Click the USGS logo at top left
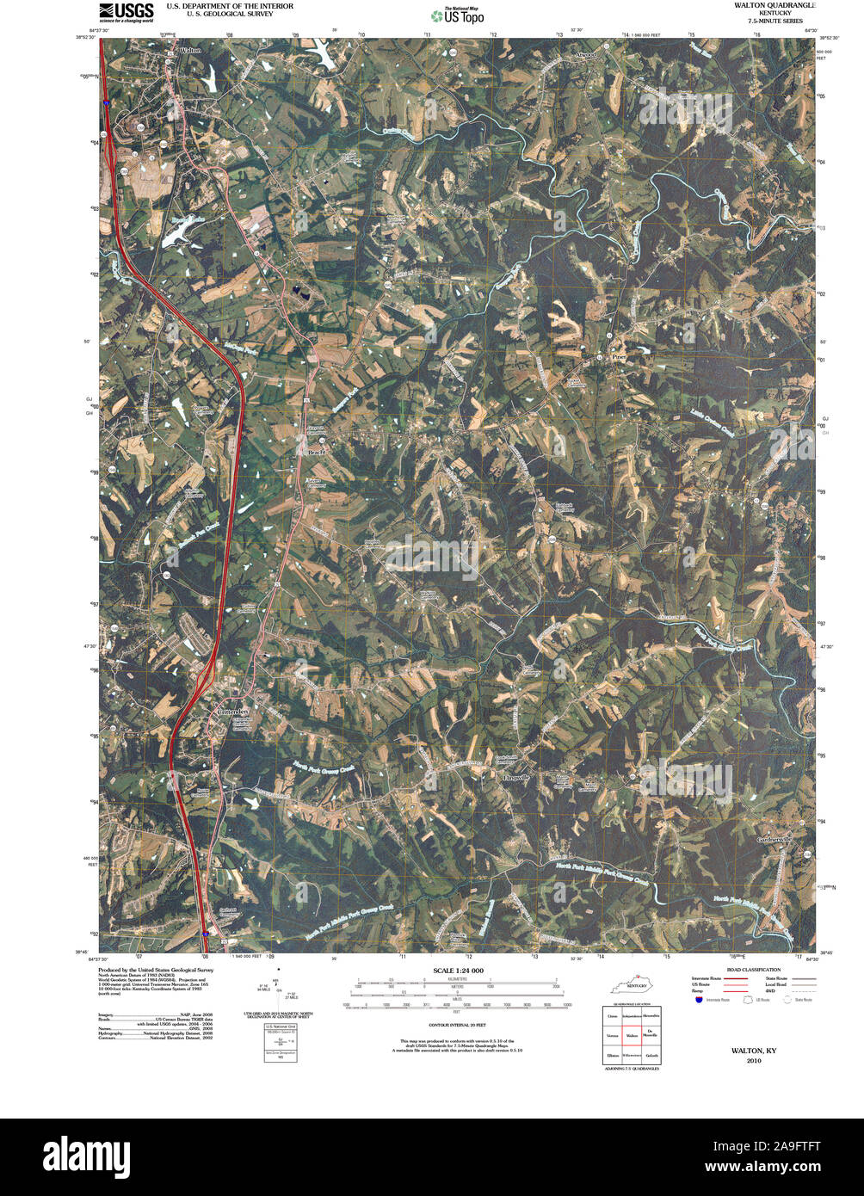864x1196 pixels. click(126, 11)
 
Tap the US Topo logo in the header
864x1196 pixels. click(457, 15)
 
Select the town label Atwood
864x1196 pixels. click(585, 54)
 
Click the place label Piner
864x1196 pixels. click(617, 355)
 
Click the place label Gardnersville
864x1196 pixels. click(773, 839)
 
